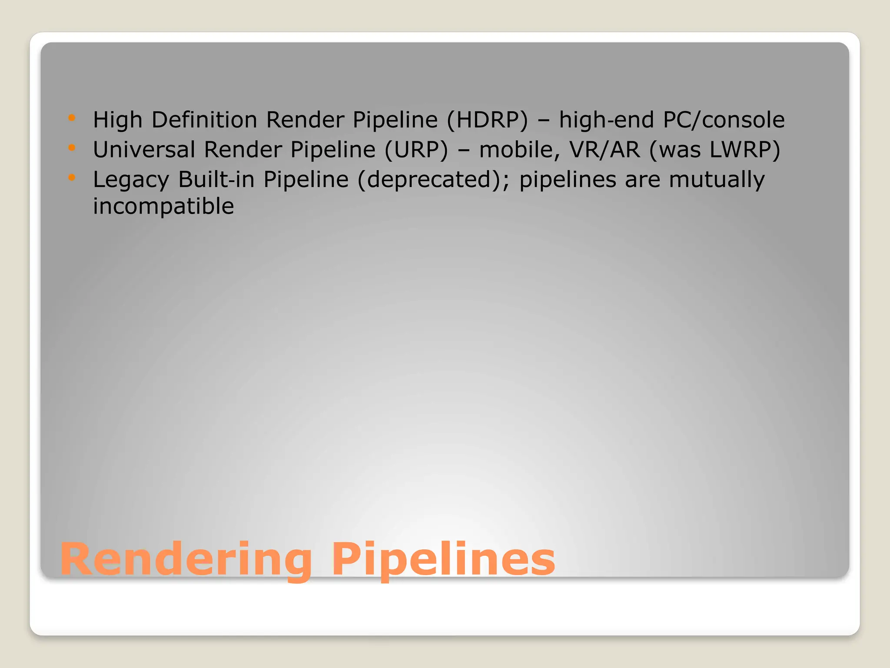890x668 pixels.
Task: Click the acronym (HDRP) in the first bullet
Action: pyautogui.click(x=487, y=120)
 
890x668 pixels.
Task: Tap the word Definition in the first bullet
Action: pyautogui.click(x=204, y=120)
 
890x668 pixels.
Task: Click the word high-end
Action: pyautogui.click(x=606, y=120)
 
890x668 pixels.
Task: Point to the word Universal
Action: pyautogui.click(x=144, y=150)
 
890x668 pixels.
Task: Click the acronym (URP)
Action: pyautogui.click(x=416, y=150)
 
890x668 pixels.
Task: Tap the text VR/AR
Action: pyautogui.click(x=604, y=150)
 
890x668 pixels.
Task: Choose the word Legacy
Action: pyautogui.click(x=131, y=180)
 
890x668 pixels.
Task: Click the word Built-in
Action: pyautogui.click(x=216, y=179)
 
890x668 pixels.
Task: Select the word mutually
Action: pyautogui.click(x=717, y=180)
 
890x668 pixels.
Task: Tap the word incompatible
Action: pyautogui.click(x=163, y=206)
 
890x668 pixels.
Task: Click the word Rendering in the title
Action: pyautogui.click(x=186, y=559)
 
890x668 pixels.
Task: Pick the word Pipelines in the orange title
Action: pyautogui.click(x=443, y=559)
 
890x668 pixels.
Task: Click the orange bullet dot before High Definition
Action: pyautogui.click(x=72, y=118)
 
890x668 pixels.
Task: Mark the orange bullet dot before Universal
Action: pyautogui.click(x=72, y=148)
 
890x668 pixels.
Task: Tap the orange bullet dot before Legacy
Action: pyautogui.click(x=72, y=177)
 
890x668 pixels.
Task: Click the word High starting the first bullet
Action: pyautogui.click(x=118, y=120)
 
